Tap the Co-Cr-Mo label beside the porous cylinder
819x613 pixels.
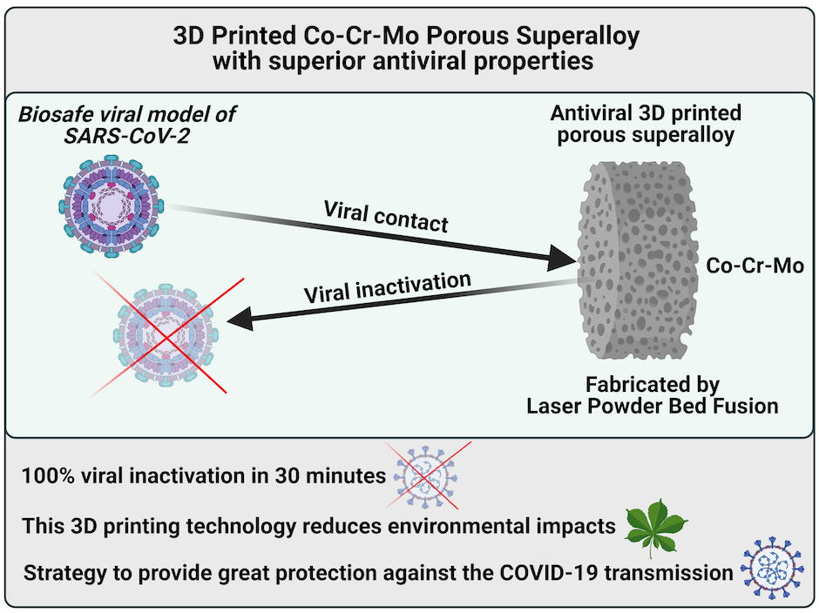pos(755,266)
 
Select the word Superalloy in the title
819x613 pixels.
pos(578,37)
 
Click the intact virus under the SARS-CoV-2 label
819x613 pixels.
pos(111,206)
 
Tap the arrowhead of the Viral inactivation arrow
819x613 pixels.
pos(240,318)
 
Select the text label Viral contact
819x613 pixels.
pos(386,216)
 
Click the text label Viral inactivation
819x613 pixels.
pos(388,287)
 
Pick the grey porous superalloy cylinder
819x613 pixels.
pos(639,260)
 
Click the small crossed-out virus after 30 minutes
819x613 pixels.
pos(426,476)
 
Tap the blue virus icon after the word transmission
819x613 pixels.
pos(772,568)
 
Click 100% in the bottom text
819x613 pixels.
pos(48,475)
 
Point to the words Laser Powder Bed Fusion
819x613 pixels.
pos(653,406)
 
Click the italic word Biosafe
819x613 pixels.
pos(57,114)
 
